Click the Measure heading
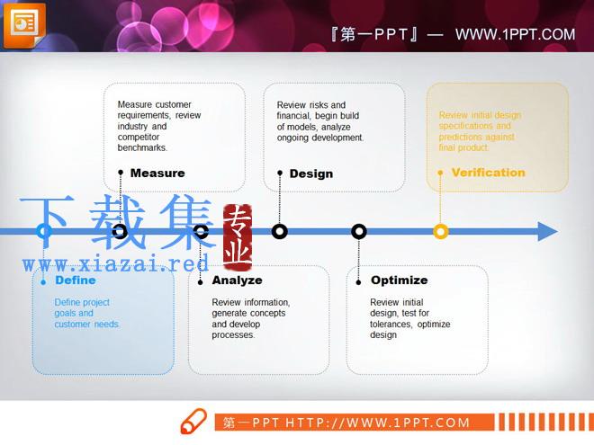click(157, 173)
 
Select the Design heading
click(311, 174)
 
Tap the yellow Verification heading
click(489, 173)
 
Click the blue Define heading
click(76, 280)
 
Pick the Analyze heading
click(237, 280)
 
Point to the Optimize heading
click(400, 280)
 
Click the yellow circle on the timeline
click(441, 231)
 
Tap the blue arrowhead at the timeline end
click(547, 231)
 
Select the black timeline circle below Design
click(280, 231)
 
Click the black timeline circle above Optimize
click(359, 231)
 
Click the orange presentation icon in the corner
click(24, 25)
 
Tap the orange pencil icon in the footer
click(193, 421)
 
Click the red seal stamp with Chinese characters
click(238, 237)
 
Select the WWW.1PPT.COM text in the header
click(515, 34)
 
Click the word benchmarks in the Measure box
click(142, 147)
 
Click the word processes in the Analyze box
click(233, 335)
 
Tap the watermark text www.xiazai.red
click(115, 263)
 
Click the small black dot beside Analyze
click(201, 282)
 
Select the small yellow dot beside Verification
click(440, 173)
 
